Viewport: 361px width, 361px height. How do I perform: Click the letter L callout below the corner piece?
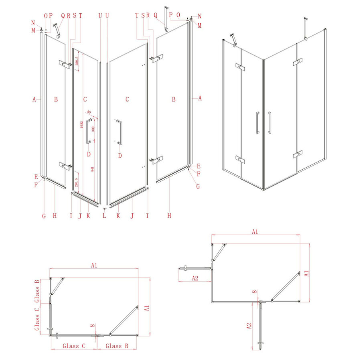pyautogui.click(x=104, y=216)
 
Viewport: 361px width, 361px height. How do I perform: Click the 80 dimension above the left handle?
pyautogui.click(x=89, y=112)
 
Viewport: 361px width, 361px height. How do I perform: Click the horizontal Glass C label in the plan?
pyautogui.click(x=73, y=346)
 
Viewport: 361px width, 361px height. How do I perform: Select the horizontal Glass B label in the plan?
pyautogui.click(x=117, y=346)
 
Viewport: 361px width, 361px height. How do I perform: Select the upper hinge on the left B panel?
pyautogui.click(x=65, y=63)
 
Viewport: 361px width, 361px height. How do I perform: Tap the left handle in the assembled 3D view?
pyautogui.click(x=257, y=122)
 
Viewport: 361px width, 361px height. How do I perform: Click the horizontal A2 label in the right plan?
pyautogui.click(x=195, y=278)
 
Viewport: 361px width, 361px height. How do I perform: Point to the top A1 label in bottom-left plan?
pyautogui.click(x=94, y=265)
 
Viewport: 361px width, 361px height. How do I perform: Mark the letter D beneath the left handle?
pyautogui.click(x=89, y=154)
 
